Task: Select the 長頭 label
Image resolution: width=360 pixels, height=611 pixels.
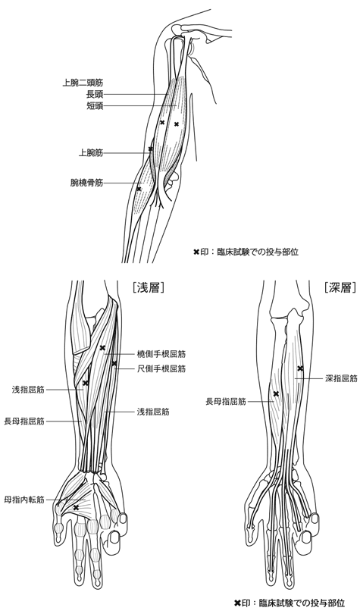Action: (x=95, y=94)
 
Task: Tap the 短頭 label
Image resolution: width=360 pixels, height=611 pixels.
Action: (x=95, y=106)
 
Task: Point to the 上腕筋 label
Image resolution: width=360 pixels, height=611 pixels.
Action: (x=91, y=153)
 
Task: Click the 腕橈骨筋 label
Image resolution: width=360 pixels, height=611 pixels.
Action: (x=87, y=183)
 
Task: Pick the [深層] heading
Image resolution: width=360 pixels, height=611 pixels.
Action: (x=340, y=287)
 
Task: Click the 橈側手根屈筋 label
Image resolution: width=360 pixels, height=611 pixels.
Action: (x=161, y=354)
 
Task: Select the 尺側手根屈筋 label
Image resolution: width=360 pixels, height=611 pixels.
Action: (x=161, y=368)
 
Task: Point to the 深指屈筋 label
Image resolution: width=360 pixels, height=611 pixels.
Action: (x=341, y=378)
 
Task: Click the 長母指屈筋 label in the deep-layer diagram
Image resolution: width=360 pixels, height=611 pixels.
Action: (x=226, y=401)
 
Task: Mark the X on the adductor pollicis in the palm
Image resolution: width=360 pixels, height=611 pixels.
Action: (x=77, y=507)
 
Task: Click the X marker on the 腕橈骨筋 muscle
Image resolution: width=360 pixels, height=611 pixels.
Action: (x=139, y=189)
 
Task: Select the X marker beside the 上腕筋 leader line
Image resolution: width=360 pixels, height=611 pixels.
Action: (x=151, y=149)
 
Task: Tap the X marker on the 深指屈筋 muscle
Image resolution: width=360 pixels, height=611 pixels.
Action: (x=300, y=368)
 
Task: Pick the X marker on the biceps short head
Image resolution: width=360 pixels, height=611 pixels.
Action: (x=177, y=124)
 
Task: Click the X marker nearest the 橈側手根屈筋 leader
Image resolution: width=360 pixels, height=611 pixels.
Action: (x=102, y=348)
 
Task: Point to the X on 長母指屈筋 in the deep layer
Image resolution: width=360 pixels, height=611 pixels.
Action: (x=276, y=394)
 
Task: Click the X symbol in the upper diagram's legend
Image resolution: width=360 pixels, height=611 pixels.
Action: (x=196, y=252)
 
